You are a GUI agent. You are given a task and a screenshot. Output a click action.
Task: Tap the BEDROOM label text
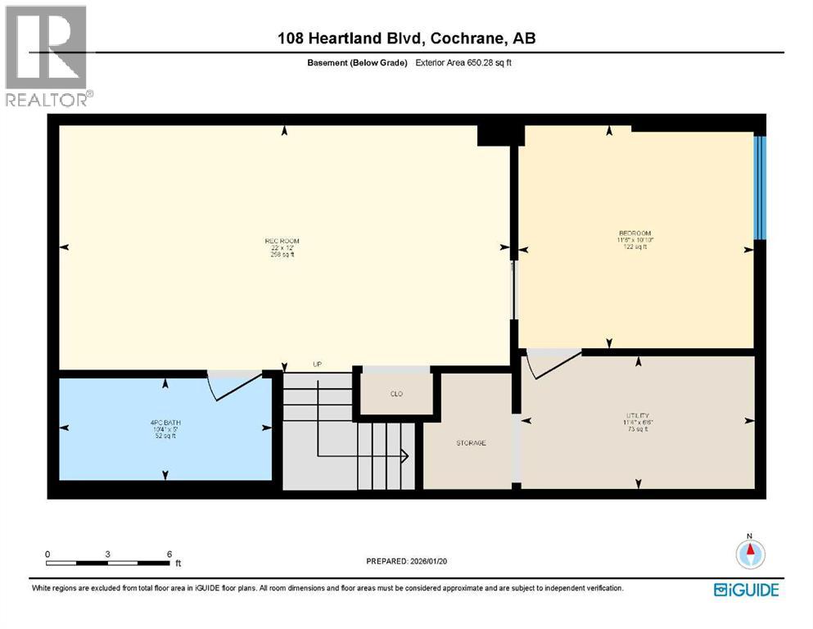(x=635, y=233)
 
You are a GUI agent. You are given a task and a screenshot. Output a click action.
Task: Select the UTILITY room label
(x=637, y=415)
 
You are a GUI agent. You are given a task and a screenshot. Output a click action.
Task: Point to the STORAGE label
(x=471, y=443)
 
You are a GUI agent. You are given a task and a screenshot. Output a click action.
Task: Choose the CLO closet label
(x=395, y=394)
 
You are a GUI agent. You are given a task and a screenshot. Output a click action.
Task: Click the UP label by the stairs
(x=318, y=364)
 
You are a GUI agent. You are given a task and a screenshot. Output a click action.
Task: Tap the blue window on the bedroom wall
(x=760, y=188)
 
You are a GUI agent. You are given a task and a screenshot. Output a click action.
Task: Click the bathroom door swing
(x=233, y=385)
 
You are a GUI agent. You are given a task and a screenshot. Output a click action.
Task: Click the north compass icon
(x=748, y=554)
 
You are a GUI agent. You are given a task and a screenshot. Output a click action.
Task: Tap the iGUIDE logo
(x=746, y=590)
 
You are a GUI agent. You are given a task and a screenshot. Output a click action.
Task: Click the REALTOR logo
(x=47, y=56)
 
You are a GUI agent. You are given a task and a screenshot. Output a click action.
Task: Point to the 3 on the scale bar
(x=107, y=554)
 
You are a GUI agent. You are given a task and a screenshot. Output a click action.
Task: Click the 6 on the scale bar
(x=169, y=554)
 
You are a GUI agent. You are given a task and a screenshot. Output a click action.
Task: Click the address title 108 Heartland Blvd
(x=406, y=38)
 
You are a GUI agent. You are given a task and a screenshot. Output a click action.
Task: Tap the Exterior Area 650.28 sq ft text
(x=464, y=62)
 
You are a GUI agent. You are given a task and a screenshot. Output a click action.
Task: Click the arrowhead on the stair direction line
(x=405, y=455)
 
